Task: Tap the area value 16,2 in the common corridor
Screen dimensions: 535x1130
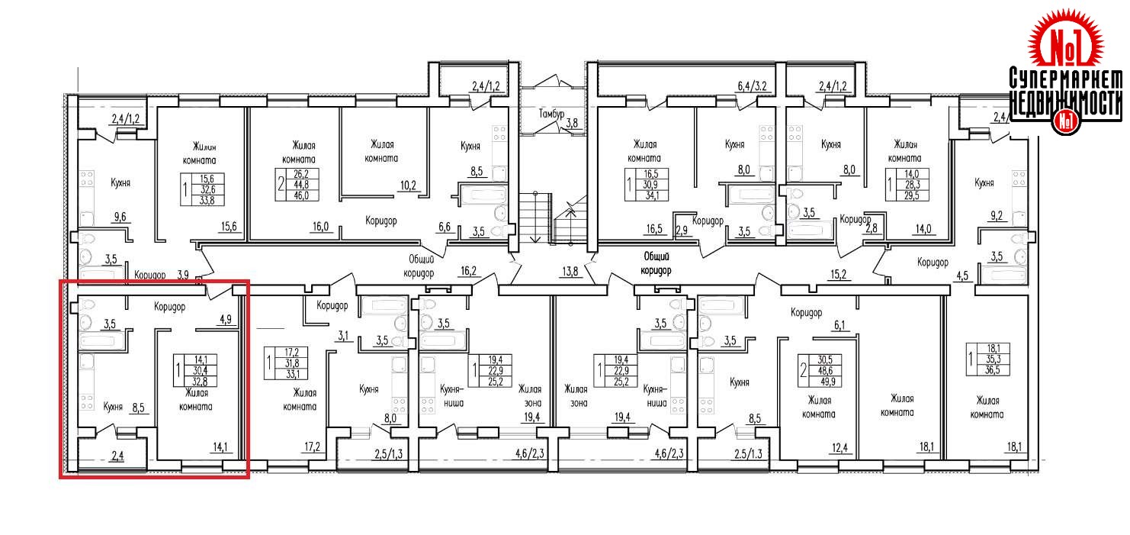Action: tap(468, 269)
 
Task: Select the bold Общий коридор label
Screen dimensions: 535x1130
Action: tap(655, 264)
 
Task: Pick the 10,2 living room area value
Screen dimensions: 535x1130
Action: tap(408, 184)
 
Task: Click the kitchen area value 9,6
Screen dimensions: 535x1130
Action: tap(120, 217)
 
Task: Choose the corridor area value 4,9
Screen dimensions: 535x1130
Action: tap(225, 321)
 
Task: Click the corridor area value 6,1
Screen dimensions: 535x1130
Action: tap(840, 325)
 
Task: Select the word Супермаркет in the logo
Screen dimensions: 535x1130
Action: tap(1065, 79)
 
